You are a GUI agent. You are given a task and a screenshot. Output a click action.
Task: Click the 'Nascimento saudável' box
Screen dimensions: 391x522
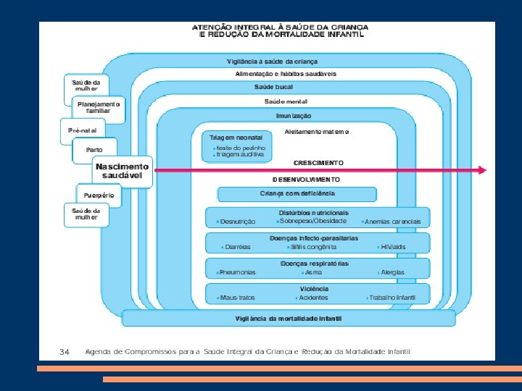click(x=123, y=171)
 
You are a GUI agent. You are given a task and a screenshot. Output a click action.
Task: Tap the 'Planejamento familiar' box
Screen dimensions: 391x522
click(x=99, y=108)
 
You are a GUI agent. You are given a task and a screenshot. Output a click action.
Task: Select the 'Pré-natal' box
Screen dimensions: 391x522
click(x=81, y=130)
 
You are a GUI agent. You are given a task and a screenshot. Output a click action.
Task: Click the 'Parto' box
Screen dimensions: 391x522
click(x=94, y=150)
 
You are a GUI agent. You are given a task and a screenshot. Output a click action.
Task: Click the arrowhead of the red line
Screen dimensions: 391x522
click(x=481, y=171)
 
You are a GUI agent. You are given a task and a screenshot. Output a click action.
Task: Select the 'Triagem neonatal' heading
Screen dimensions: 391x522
click(x=236, y=137)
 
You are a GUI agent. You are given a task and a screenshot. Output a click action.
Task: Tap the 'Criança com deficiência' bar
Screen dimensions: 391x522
click(x=297, y=193)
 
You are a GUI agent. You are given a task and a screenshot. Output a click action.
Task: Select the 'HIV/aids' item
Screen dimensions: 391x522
click(x=392, y=246)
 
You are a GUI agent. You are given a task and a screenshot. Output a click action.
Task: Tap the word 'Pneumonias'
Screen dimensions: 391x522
click(x=236, y=272)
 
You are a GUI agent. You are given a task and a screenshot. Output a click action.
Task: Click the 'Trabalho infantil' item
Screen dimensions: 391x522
click(x=391, y=298)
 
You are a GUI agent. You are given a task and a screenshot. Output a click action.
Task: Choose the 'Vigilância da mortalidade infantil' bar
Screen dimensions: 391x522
click(x=289, y=318)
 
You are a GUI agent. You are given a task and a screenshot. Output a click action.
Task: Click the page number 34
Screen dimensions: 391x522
click(x=65, y=351)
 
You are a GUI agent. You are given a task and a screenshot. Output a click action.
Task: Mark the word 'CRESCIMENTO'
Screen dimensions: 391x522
click(x=318, y=163)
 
